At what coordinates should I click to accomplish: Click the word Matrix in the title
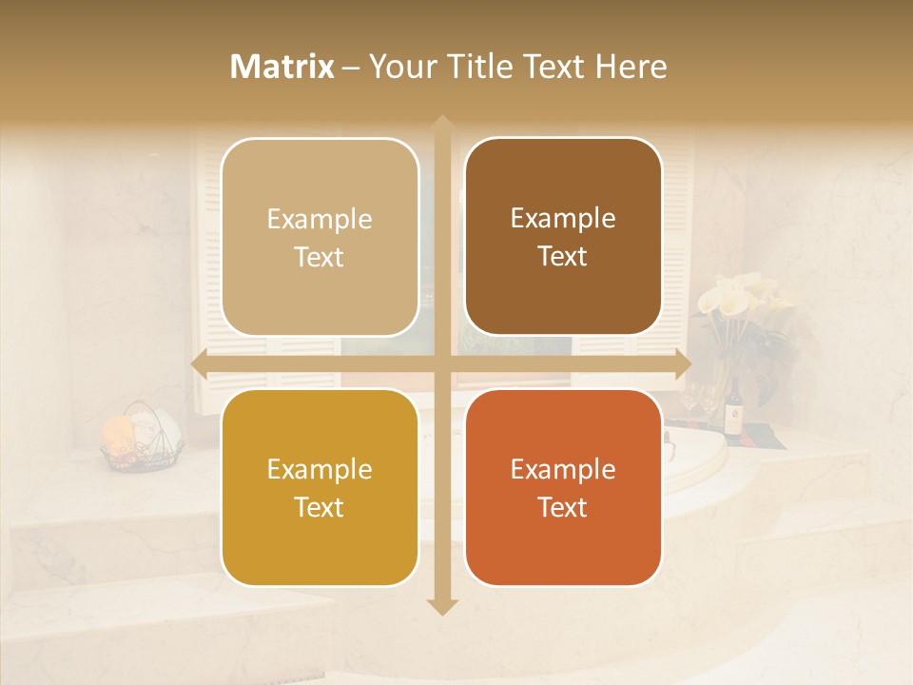[x=282, y=67]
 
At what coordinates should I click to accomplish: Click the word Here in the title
[x=631, y=67]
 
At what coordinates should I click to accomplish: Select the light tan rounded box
[x=320, y=238]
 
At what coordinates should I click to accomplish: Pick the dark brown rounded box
[x=563, y=237]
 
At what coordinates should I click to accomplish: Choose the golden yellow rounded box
[x=320, y=488]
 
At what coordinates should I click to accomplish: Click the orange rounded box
[x=563, y=488]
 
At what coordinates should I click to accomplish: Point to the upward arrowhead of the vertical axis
[x=441, y=124]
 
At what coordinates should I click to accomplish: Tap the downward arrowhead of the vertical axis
[x=441, y=606]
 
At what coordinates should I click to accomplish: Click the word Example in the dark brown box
[x=563, y=219]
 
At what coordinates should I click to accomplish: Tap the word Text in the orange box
[x=563, y=507]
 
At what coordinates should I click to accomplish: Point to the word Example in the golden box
[x=320, y=470]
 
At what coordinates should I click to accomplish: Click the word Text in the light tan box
[x=320, y=257]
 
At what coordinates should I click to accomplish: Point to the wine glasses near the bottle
[x=700, y=401]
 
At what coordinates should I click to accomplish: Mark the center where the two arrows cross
[x=441, y=364]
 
